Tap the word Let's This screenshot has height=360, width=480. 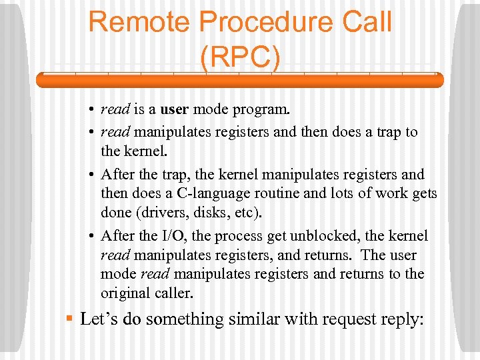[99, 319]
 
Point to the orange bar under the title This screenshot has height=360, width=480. [239, 81]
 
